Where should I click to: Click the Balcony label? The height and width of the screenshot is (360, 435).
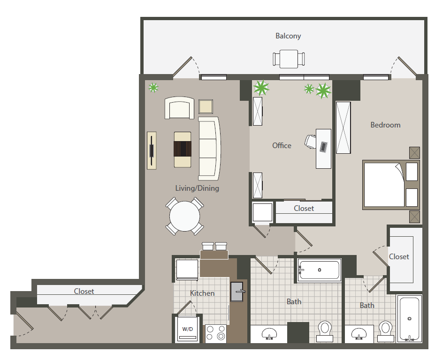(288, 36)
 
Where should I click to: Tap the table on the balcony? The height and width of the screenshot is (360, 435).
(289, 59)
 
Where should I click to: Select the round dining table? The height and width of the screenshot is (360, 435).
(184, 216)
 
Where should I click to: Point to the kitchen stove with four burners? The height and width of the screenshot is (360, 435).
(216, 333)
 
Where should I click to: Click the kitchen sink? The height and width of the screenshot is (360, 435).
(237, 293)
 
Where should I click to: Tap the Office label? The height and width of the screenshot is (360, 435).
(282, 145)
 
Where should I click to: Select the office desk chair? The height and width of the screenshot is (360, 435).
(311, 141)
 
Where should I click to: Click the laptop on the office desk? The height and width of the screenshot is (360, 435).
(324, 146)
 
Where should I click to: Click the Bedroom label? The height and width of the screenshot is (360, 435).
(385, 125)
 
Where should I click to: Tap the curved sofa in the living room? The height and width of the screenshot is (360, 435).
(209, 148)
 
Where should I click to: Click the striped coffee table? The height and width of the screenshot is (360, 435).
(183, 149)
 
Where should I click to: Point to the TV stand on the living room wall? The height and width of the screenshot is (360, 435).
(152, 150)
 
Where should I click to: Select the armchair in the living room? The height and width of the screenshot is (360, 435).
(179, 108)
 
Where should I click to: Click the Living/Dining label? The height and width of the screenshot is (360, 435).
(197, 188)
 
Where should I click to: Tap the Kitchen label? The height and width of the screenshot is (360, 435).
(202, 293)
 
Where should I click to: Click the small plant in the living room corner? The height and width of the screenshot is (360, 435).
(153, 87)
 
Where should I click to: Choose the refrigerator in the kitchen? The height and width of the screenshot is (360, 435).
(187, 270)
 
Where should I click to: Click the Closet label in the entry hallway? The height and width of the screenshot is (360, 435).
(84, 291)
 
